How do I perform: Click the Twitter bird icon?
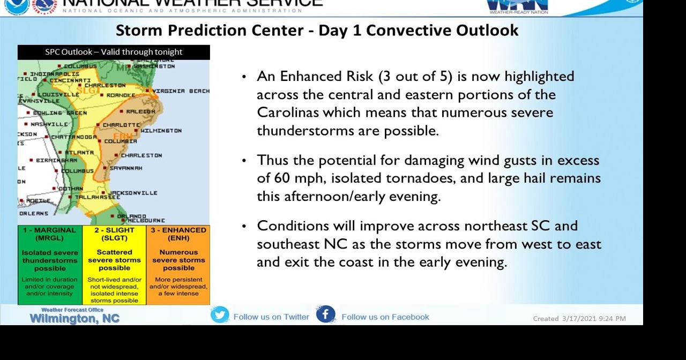[x=220, y=315]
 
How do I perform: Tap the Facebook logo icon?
[x=325, y=314]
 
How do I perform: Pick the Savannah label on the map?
[x=126, y=168]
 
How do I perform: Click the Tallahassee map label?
[x=98, y=197]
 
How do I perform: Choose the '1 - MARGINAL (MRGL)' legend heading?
[x=50, y=234]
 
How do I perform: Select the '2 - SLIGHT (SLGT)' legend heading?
[x=114, y=234]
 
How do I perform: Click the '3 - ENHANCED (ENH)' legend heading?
[x=178, y=234]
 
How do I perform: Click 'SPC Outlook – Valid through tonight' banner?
[x=114, y=52]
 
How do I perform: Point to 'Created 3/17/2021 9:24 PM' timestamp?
[x=579, y=319]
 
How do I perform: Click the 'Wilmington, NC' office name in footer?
[x=74, y=319]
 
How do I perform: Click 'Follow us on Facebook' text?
[x=385, y=317]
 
